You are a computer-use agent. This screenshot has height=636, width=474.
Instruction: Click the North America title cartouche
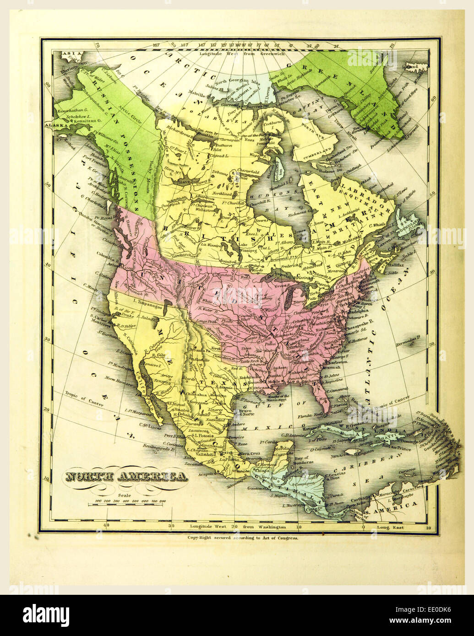pos(126,477)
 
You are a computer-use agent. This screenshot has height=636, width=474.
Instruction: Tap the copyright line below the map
pos(243,539)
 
